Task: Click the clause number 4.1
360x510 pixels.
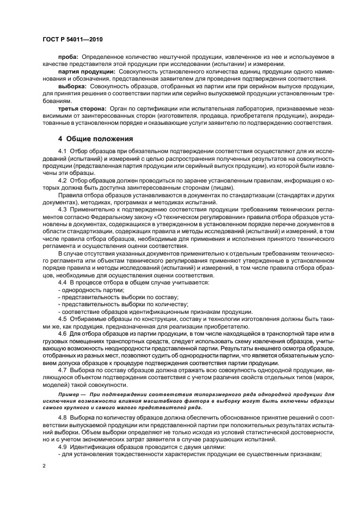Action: (62, 151)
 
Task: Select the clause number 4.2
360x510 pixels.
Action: (62, 179)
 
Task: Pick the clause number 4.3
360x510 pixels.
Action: (62, 210)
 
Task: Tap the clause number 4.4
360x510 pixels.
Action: (62, 282)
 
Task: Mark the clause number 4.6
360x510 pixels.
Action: (62, 333)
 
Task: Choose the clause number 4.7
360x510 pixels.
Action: (62, 369)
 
